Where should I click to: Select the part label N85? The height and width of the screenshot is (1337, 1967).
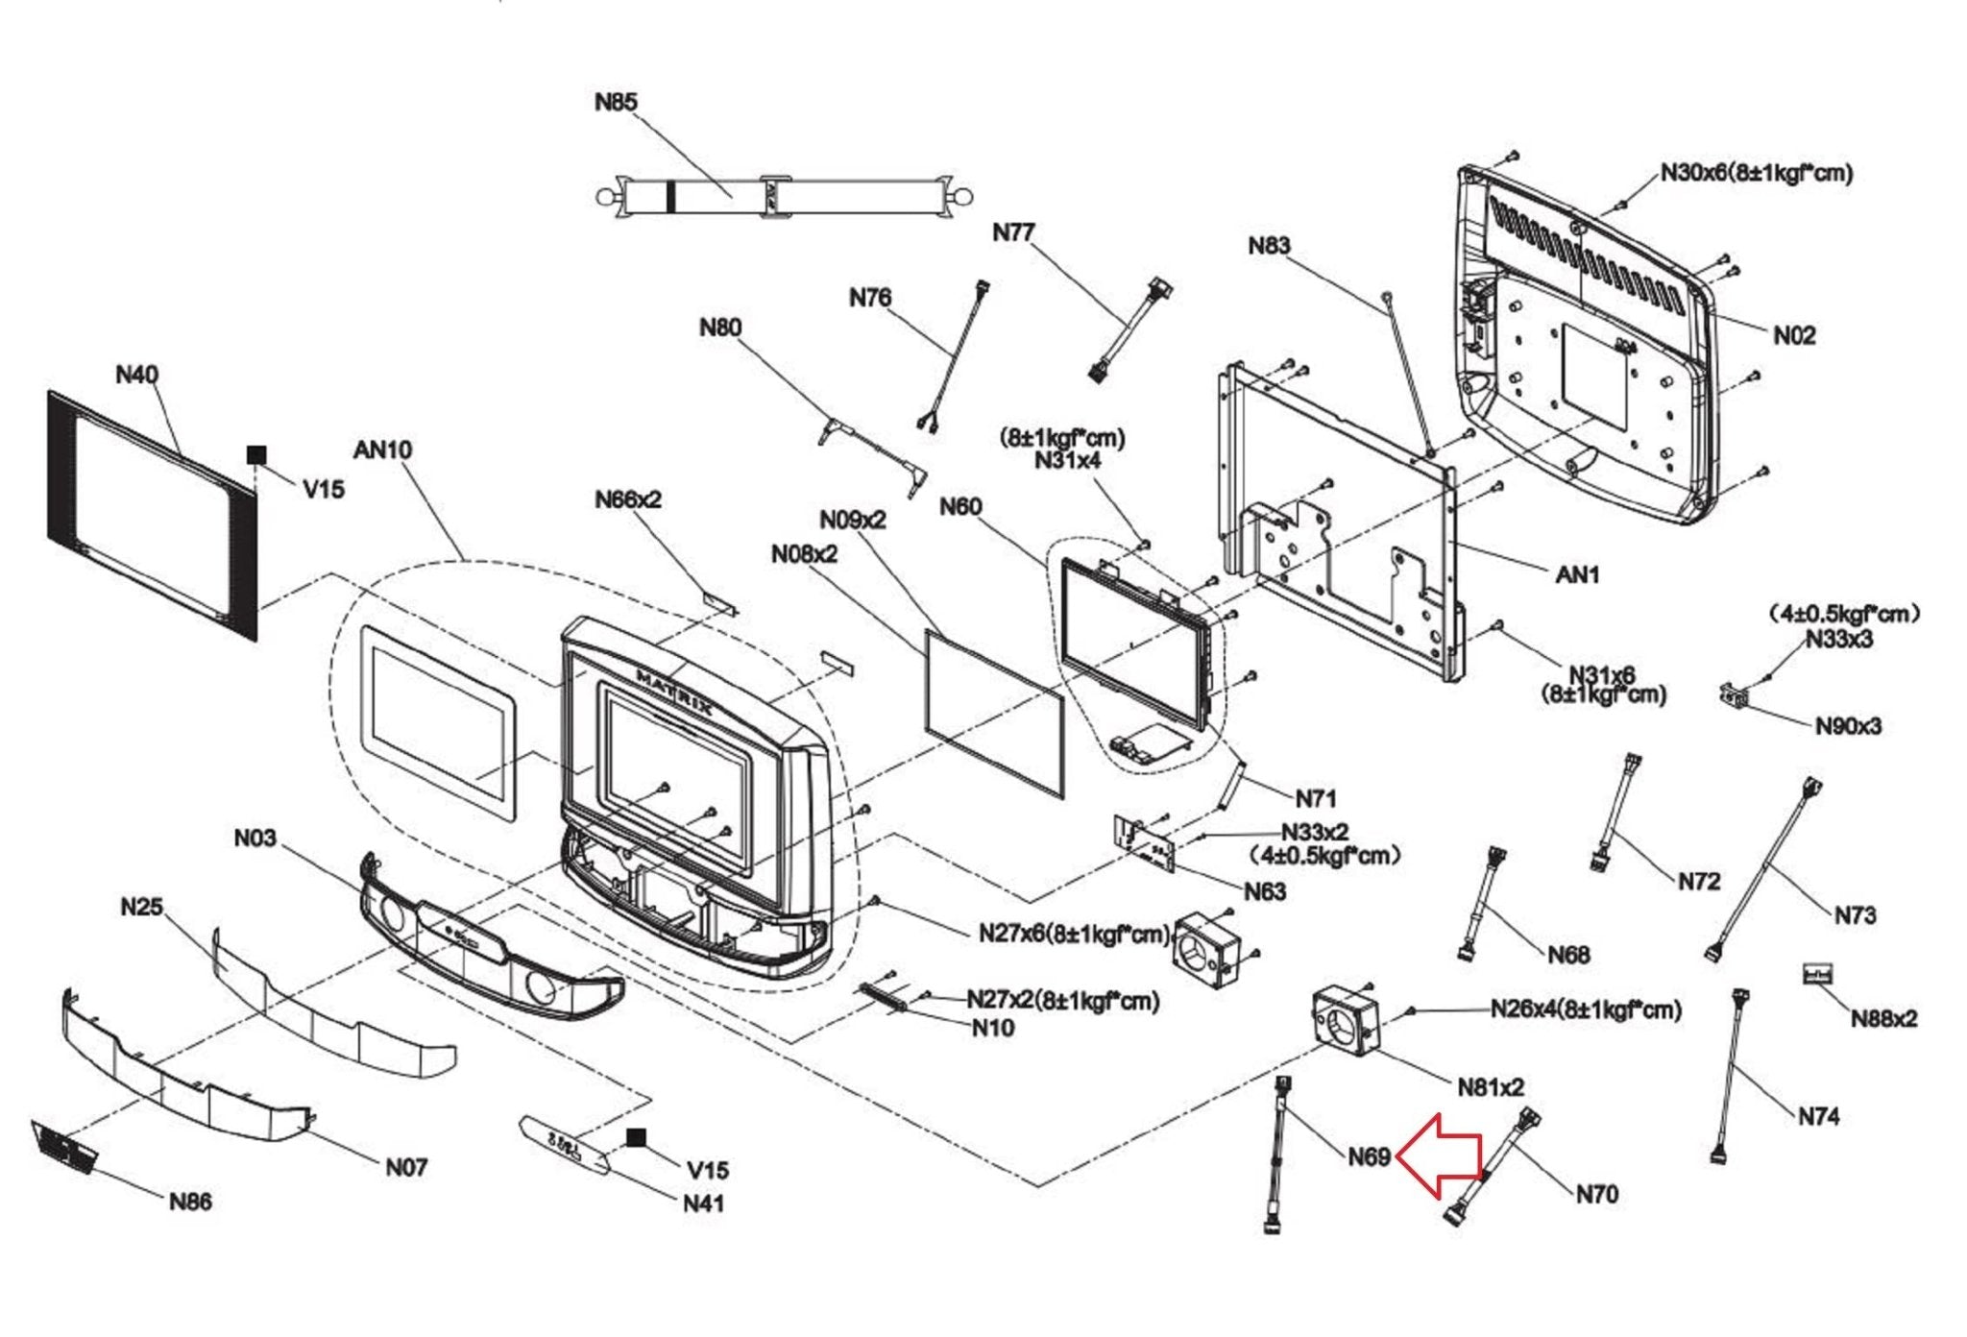click(616, 102)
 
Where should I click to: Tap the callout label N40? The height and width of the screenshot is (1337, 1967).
click(136, 375)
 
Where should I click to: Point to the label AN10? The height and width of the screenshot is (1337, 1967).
click(382, 450)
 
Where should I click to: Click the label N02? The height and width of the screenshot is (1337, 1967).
click(1794, 335)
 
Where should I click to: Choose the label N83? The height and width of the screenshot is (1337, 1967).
click(1269, 246)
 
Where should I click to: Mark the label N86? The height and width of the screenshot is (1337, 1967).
click(190, 1202)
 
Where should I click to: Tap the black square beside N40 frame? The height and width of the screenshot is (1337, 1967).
click(256, 454)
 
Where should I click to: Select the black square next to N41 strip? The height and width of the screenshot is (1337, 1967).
click(635, 1138)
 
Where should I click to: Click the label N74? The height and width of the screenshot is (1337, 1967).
click(1818, 1116)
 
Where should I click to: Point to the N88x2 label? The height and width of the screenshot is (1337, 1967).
click(1883, 1019)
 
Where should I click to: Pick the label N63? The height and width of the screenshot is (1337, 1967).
click(1265, 891)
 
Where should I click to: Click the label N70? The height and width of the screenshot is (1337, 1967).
click(1597, 1194)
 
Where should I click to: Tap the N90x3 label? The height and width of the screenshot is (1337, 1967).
click(1848, 726)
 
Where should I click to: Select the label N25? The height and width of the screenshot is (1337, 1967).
click(142, 907)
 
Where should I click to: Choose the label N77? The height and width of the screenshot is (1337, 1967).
click(1013, 232)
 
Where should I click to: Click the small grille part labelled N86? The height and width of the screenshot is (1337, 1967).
click(65, 1147)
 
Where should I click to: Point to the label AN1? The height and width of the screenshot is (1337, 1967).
click(1577, 574)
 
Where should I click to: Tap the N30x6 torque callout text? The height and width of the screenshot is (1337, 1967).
click(1757, 174)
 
